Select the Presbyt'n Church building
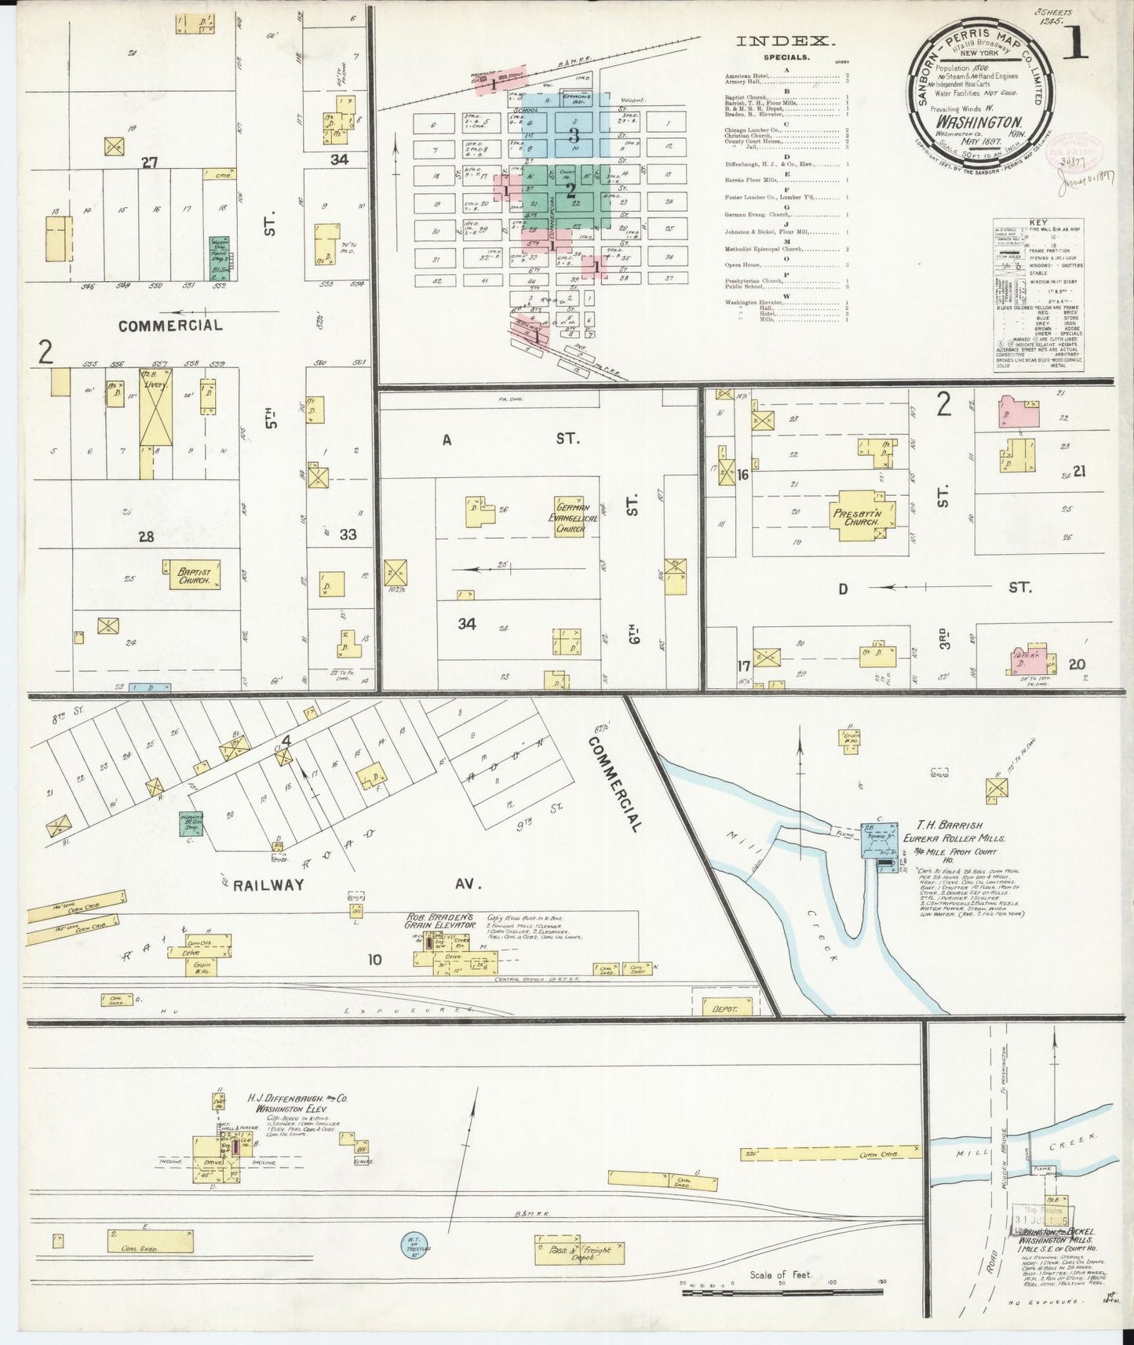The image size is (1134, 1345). [x=858, y=516]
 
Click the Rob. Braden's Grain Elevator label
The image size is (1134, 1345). [x=441, y=920]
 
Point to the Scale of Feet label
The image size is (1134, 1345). [x=780, y=1275]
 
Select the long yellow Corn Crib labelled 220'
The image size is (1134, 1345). [x=832, y=1153]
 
